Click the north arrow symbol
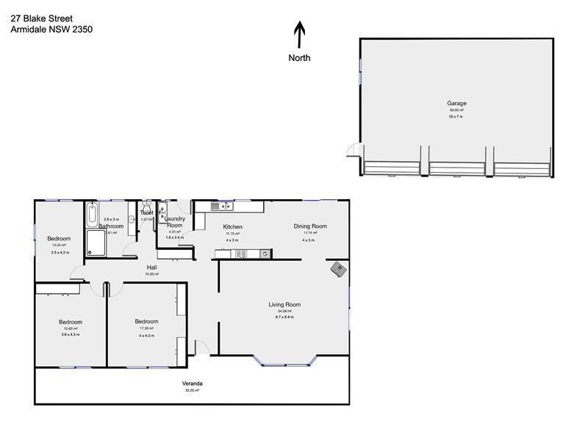(299, 35)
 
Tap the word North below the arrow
(299, 58)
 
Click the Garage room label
(456, 104)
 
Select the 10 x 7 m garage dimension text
(456, 117)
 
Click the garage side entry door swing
(354, 149)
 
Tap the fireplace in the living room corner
(338, 270)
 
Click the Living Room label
(284, 304)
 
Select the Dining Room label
(309, 226)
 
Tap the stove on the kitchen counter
(263, 254)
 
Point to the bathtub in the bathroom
(91, 216)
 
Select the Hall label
(152, 267)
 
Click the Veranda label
(193, 384)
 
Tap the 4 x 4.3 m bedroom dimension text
(147, 335)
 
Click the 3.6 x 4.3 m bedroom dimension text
(71, 335)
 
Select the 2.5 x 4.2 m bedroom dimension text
(59, 252)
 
